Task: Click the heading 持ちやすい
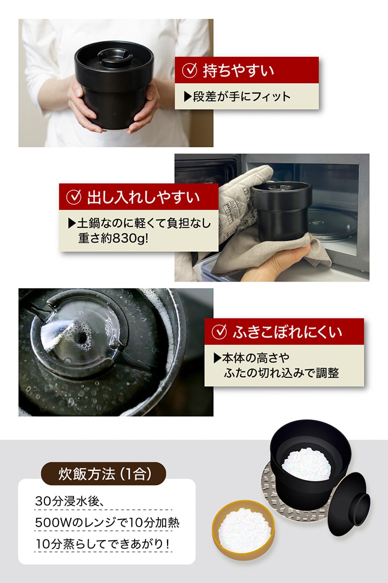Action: click(238, 70)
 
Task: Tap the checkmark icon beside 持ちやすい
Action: click(189, 70)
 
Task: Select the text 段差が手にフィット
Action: click(237, 97)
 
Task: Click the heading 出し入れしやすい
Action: click(143, 197)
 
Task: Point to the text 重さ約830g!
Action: click(113, 238)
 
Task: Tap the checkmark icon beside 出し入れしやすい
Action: click(73, 197)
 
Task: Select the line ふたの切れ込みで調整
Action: click(281, 373)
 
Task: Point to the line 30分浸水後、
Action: click(69, 501)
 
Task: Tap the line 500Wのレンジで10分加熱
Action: click(107, 523)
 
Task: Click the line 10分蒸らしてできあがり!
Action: click(102, 544)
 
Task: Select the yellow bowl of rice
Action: click(244, 530)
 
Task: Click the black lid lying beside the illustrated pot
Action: click(349, 504)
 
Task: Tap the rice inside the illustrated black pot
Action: click(306, 464)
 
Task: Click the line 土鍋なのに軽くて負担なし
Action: click(140, 223)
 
